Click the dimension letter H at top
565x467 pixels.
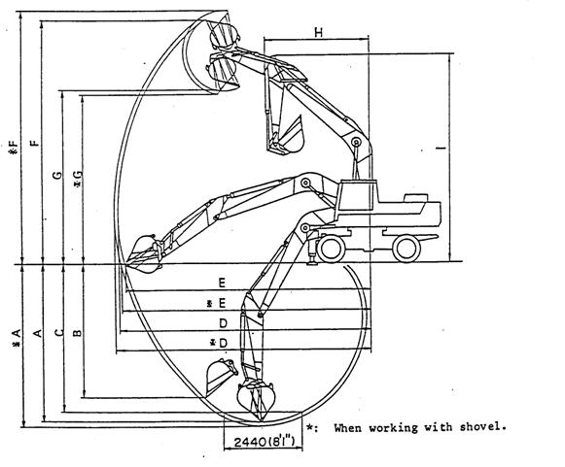pos(319,32)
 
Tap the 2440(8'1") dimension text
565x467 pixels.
pos(265,442)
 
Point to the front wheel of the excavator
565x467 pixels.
pos(330,249)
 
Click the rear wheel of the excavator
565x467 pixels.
pos(406,249)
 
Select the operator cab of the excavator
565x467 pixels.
pos(358,195)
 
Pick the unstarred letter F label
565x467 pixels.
pos(35,143)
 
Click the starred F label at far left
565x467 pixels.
pos(14,148)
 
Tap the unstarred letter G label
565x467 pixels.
pos(57,176)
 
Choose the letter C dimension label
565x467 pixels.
pos(59,332)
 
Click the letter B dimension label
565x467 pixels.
pos(77,333)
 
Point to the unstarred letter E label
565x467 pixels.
pos(222,283)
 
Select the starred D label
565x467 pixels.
pos(219,343)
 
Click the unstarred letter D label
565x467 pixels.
pos(223,323)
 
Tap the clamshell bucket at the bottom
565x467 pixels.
pos(256,399)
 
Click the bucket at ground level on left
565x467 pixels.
pos(143,253)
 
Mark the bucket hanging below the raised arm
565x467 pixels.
pos(286,138)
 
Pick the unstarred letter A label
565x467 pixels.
pos(38,333)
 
